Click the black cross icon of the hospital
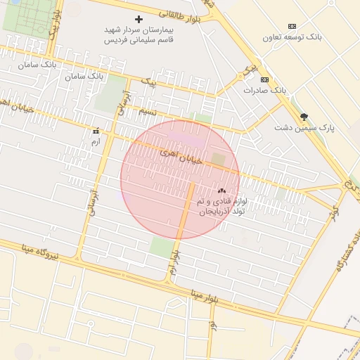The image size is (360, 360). coord(139,19)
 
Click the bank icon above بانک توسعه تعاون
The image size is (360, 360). coord(292,26)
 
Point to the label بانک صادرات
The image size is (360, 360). coord(265,91)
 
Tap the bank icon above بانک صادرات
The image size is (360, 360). coord(264,79)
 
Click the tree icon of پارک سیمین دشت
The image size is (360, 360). coord(304,117)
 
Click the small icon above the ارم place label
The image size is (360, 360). coord(96,131)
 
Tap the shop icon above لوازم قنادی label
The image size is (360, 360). coord(221,190)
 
